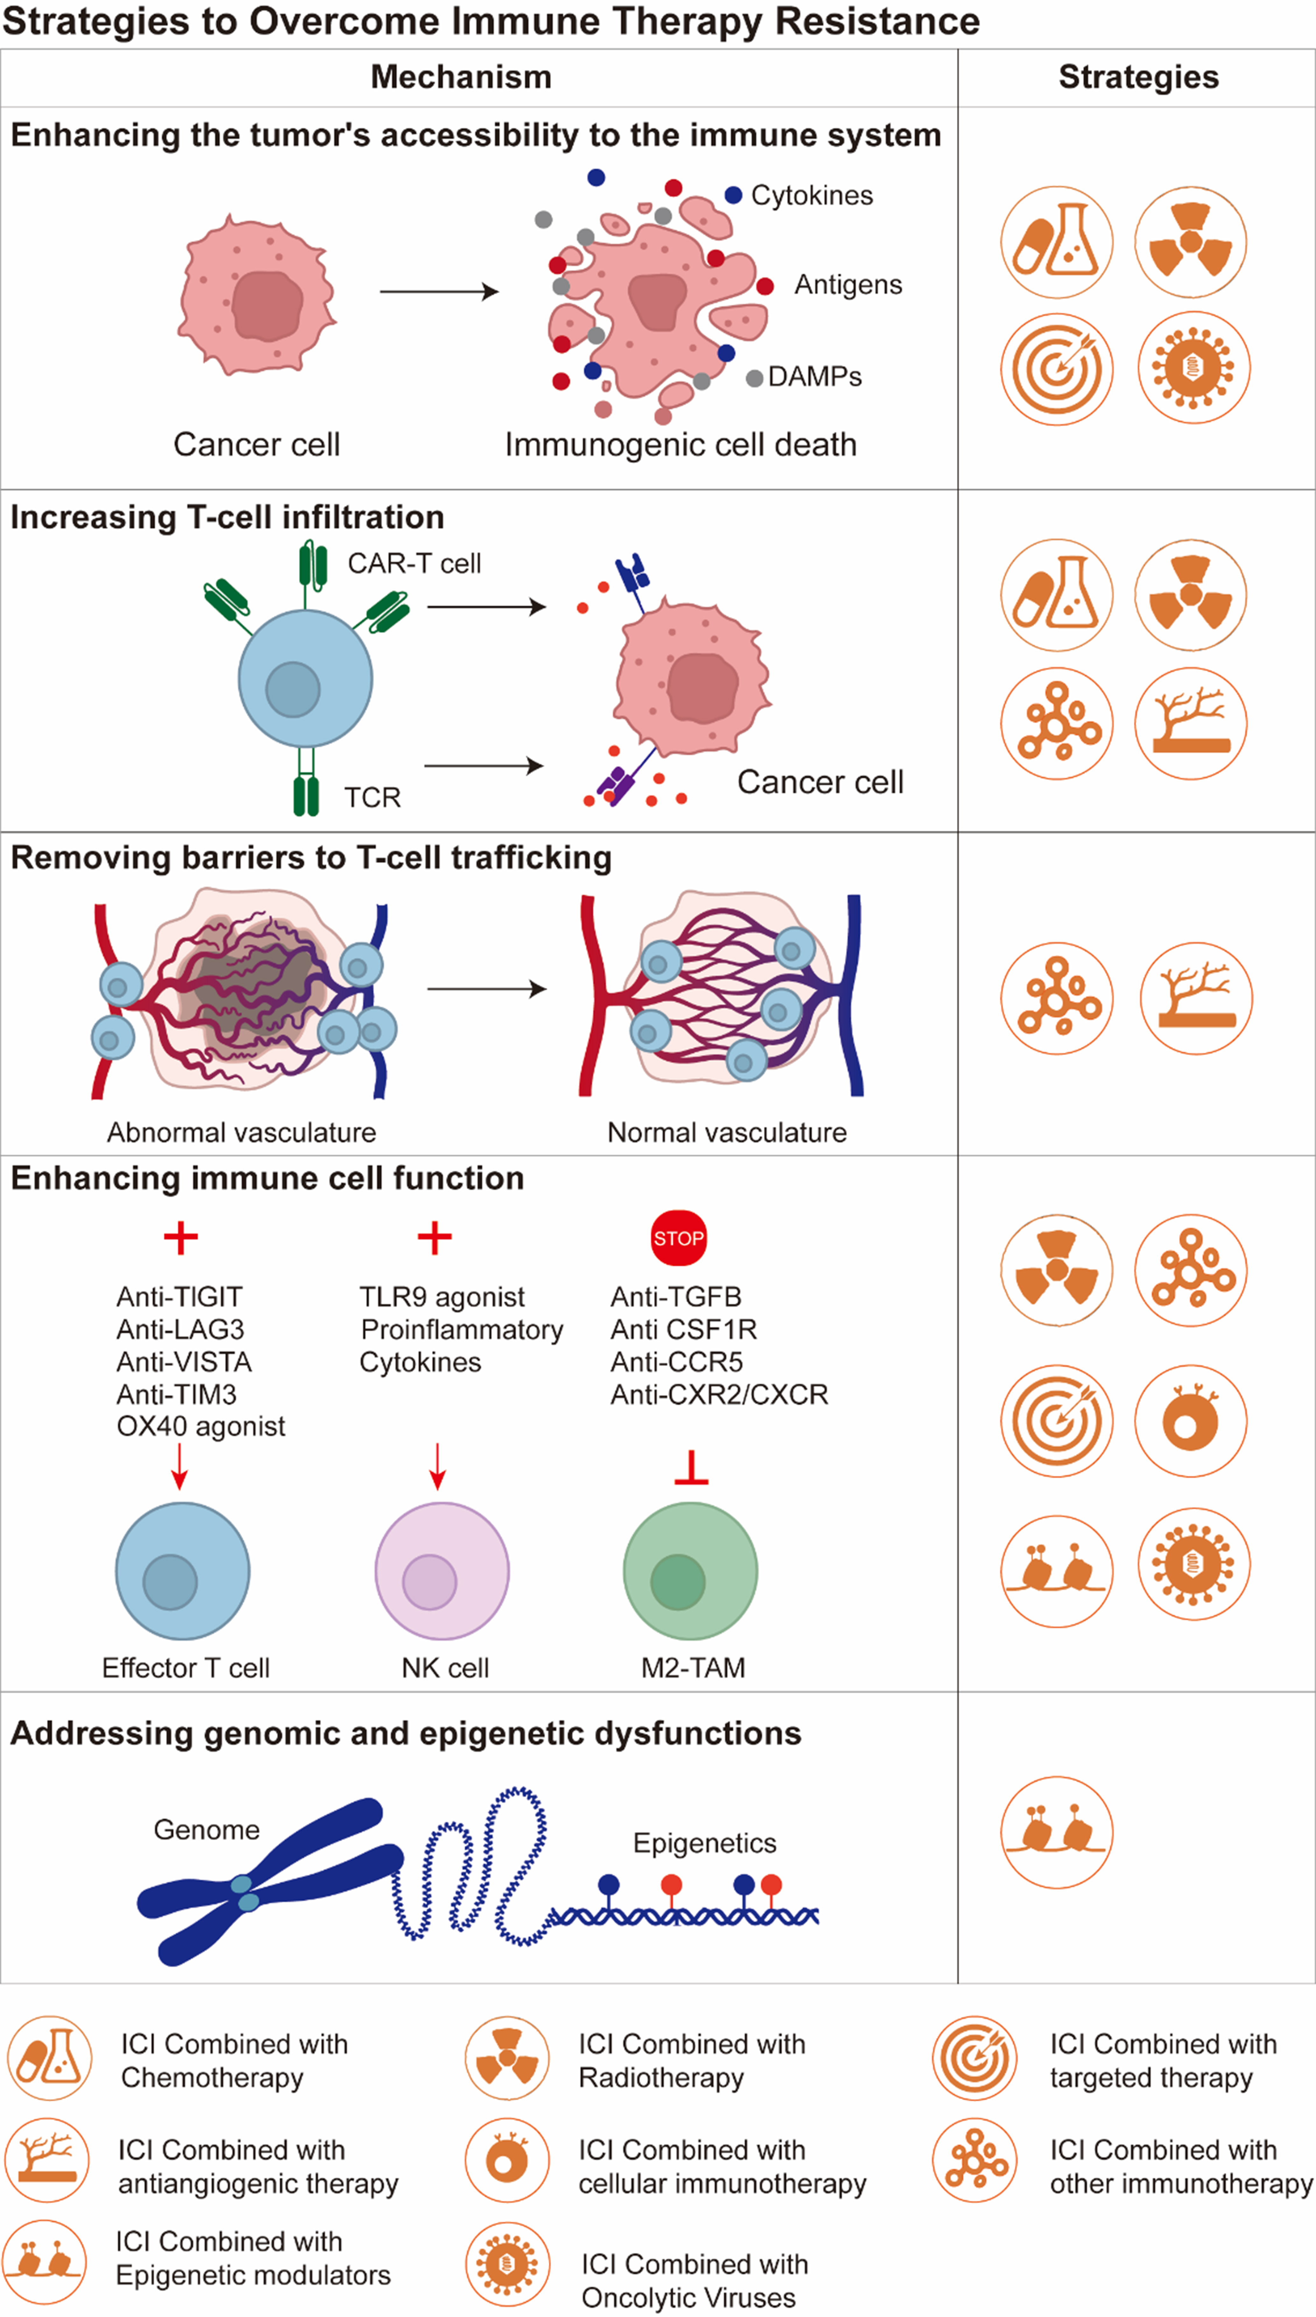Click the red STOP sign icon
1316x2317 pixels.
pyautogui.click(x=679, y=1238)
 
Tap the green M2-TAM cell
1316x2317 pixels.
pyautogui.click(x=690, y=1571)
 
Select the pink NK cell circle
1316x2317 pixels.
pyautogui.click(x=442, y=1571)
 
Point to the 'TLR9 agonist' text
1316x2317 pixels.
pyautogui.click(x=442, y=1297)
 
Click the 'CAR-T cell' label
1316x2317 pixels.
pyautogui.click(x=414, y=564)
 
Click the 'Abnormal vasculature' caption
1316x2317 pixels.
pyautogui.click(x=241, y=1132)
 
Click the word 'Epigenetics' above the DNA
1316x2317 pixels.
pyautogui.click(x=704, y=1842)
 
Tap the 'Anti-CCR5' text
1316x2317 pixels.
pyautogui.click(x=676, y=1362)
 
